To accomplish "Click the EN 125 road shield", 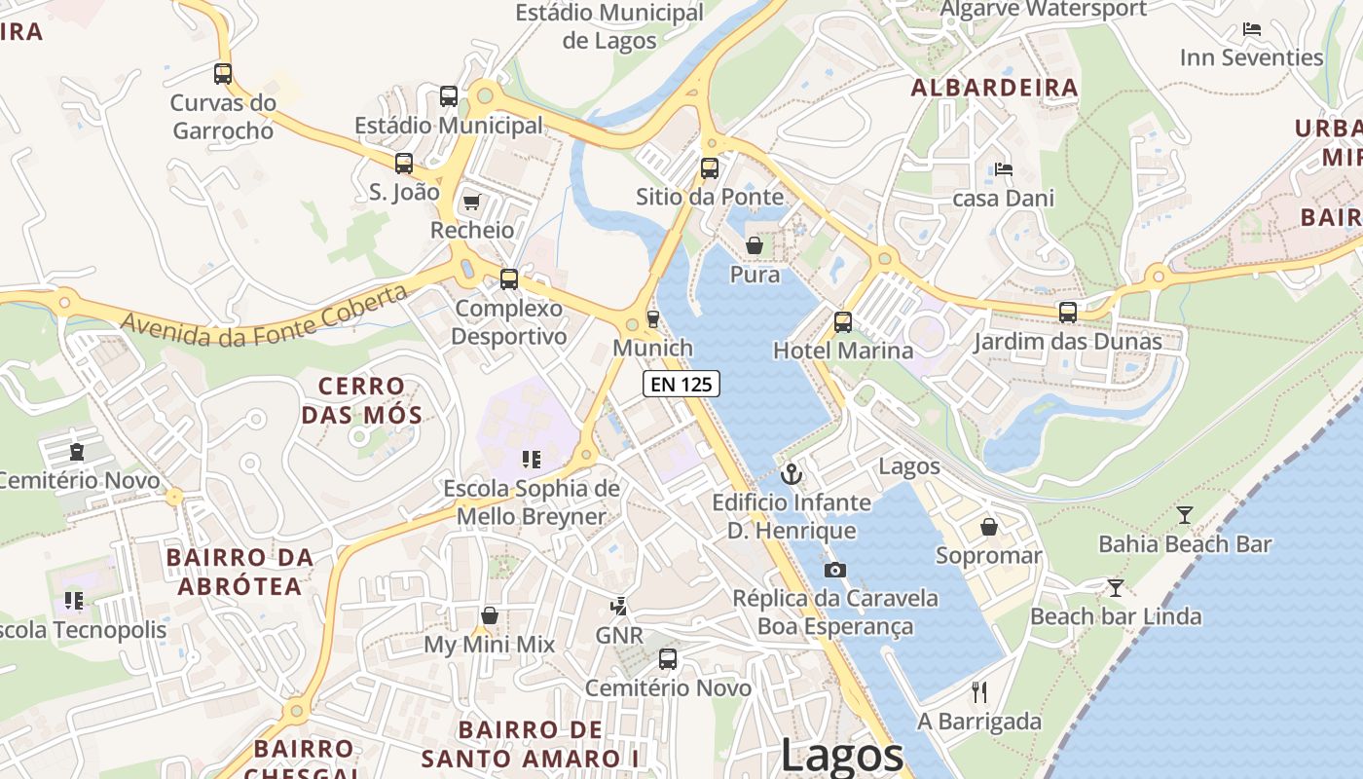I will pos(681,384).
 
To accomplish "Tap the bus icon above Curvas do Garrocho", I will pos(223,73).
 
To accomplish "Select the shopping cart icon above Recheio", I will pos(472,202).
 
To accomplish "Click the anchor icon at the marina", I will pos(792,474).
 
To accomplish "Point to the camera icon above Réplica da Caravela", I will pos(834,570).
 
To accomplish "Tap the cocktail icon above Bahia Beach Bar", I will pos(1185,514).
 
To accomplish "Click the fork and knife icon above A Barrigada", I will pos(979,692).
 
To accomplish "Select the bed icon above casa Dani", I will pos(1004,169).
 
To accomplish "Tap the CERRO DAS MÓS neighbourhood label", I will pos(361,400).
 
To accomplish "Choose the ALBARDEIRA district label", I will pos(994,88).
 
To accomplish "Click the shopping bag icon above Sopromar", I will pos(989,527).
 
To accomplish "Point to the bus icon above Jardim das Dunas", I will pos(1068,313).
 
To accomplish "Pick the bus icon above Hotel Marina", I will pos(843,321).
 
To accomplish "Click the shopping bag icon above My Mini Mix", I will pos(490,615).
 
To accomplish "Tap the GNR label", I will pos(619,636).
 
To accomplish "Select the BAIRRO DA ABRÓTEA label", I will pos(239,572).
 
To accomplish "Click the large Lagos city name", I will pos(842,755).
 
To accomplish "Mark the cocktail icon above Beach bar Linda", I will pos(1116,587).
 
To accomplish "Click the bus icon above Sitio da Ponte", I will pos(710,167).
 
